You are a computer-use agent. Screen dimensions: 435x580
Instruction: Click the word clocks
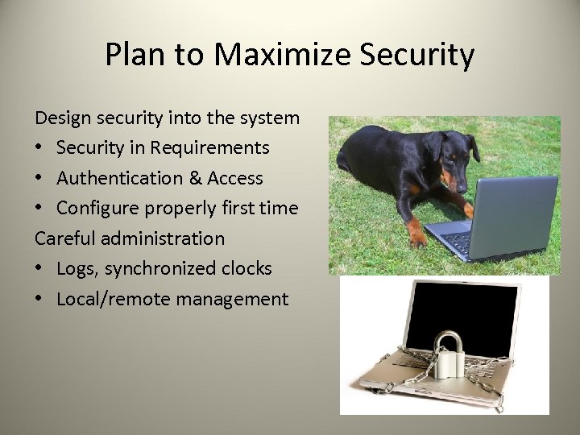(245, 268)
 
